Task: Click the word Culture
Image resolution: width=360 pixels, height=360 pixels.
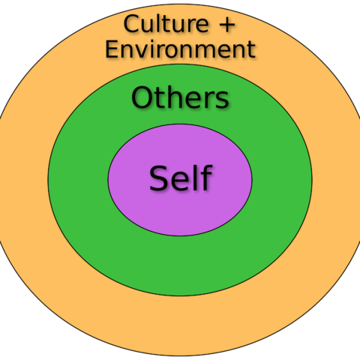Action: (x=166, y=24)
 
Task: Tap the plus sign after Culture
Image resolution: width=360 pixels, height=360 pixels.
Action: (x=226, y=25)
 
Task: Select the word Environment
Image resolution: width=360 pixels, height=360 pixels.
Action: (x=180, y=49)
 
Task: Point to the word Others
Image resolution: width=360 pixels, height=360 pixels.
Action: (x=180, y=97)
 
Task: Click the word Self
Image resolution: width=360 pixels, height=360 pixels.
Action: (x=181, y=178)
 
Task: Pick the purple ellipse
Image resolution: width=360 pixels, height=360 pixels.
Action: (x=180, y=180)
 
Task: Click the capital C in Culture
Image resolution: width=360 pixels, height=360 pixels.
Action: (x=131, y=24)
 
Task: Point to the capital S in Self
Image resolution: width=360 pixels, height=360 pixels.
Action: (x=158, y=178)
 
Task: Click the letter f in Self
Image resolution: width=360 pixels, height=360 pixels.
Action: (x=206, y=177)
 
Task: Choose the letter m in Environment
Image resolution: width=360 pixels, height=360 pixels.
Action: (x=211, y=51)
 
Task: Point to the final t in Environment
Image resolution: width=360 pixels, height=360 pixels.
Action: (x=250, y=49)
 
